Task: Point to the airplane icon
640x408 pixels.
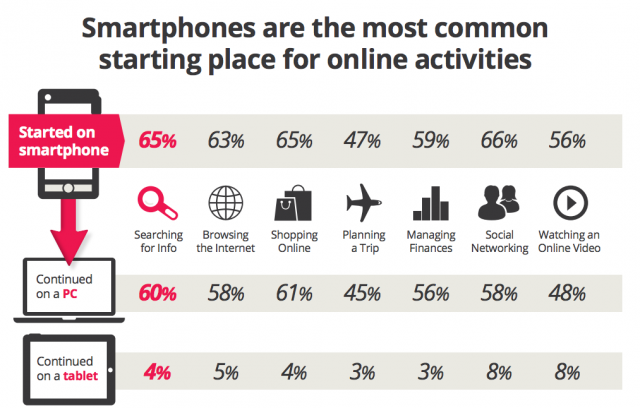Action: coord(363,204)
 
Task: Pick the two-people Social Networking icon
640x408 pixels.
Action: coord(498,204)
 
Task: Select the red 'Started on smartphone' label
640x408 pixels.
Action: coord(60,139)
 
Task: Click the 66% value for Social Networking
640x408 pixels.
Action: coord(499,141)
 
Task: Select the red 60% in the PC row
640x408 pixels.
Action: coord(157,294)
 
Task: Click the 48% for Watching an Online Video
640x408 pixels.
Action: coord(567,294)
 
